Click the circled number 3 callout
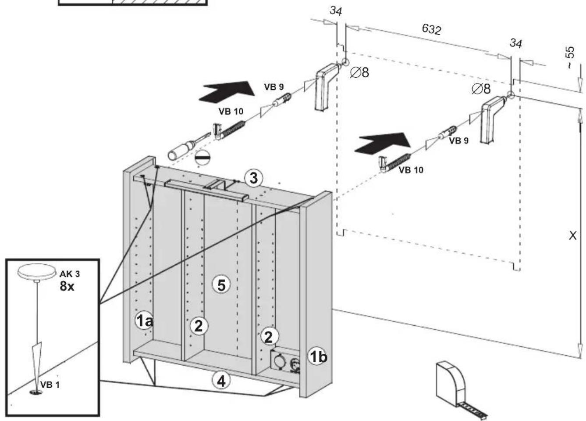coord(253,179)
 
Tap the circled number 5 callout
coord(221,285)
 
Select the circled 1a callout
coord(144,320)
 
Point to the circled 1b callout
coord(317,356)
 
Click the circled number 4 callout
coord(221,381)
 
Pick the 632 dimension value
coord(432,29)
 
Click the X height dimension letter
coord(573,236)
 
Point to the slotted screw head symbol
coord(202,158)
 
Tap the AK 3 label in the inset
coord(70,274)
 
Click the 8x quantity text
coord(67,286)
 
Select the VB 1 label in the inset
coord(50,385)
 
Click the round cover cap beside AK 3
coord(37,271)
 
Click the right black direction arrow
coord(382,143)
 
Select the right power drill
coord(494,119)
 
